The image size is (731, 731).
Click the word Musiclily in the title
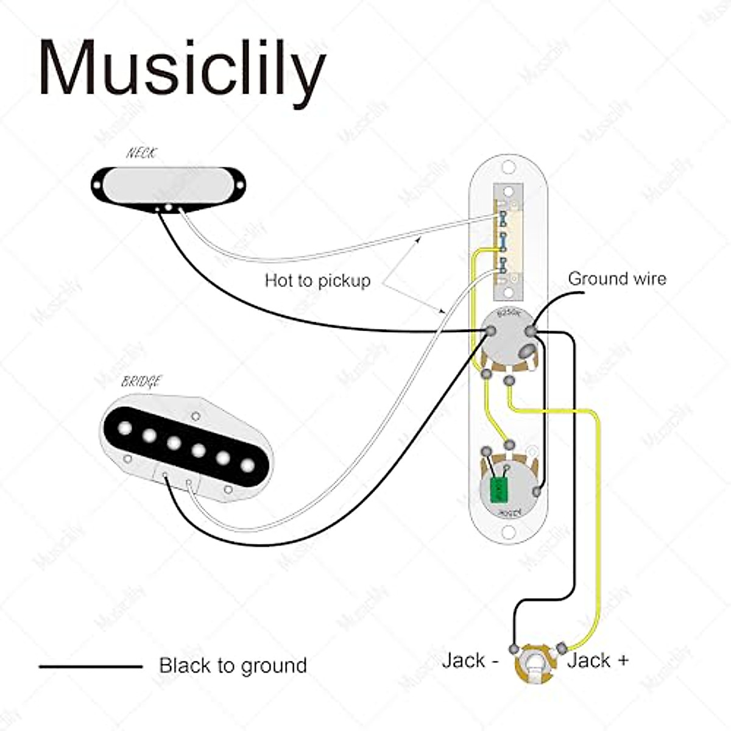(x=182, y=68)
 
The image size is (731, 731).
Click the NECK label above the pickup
(x=141, y=153)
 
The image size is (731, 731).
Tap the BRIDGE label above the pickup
(x=141, y=382)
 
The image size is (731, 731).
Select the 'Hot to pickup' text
(x=317, y=281)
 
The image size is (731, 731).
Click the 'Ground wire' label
(x=616, y=279)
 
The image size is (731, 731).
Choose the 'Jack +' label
(x=598, y=660)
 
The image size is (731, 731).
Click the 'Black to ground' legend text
(x=233, y=666)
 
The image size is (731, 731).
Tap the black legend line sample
(x=91, y=666)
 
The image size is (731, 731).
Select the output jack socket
(x=535, y=664)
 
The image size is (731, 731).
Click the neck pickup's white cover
(x=169, y=183)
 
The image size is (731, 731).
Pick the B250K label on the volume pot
(x=508, y=314)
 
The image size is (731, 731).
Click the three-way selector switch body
(x=508, y=242)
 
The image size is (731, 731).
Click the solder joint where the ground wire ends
(x=532, y=331)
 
